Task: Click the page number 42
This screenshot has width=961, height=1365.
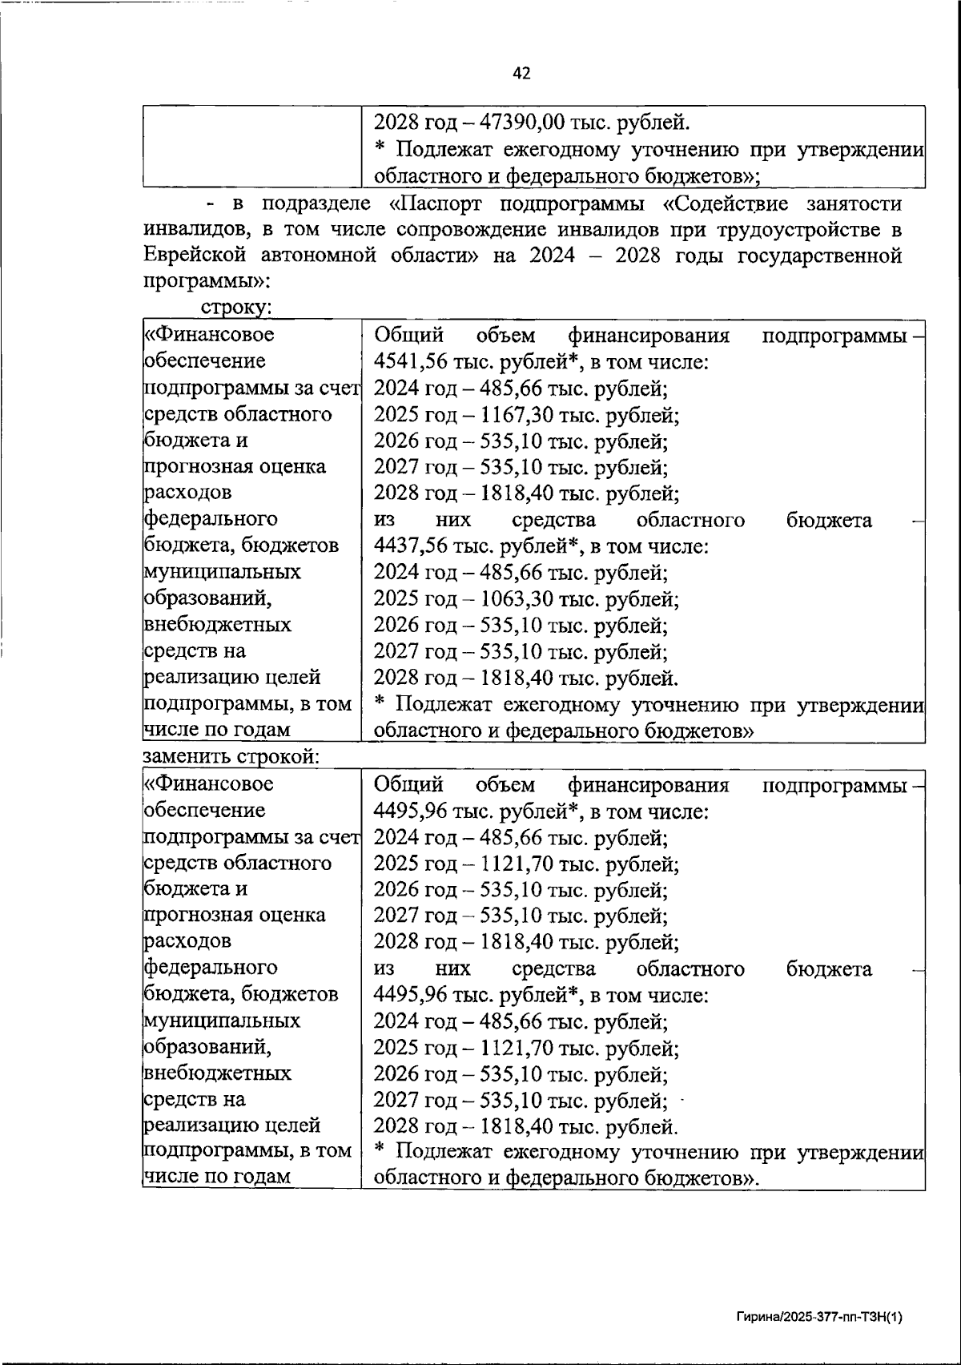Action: click(521, 74)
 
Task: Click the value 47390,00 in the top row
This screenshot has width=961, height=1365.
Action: click(524, 123)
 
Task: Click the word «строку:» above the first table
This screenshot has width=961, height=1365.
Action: click(238, 308)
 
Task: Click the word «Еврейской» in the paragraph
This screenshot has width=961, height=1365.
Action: click(195, 256)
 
